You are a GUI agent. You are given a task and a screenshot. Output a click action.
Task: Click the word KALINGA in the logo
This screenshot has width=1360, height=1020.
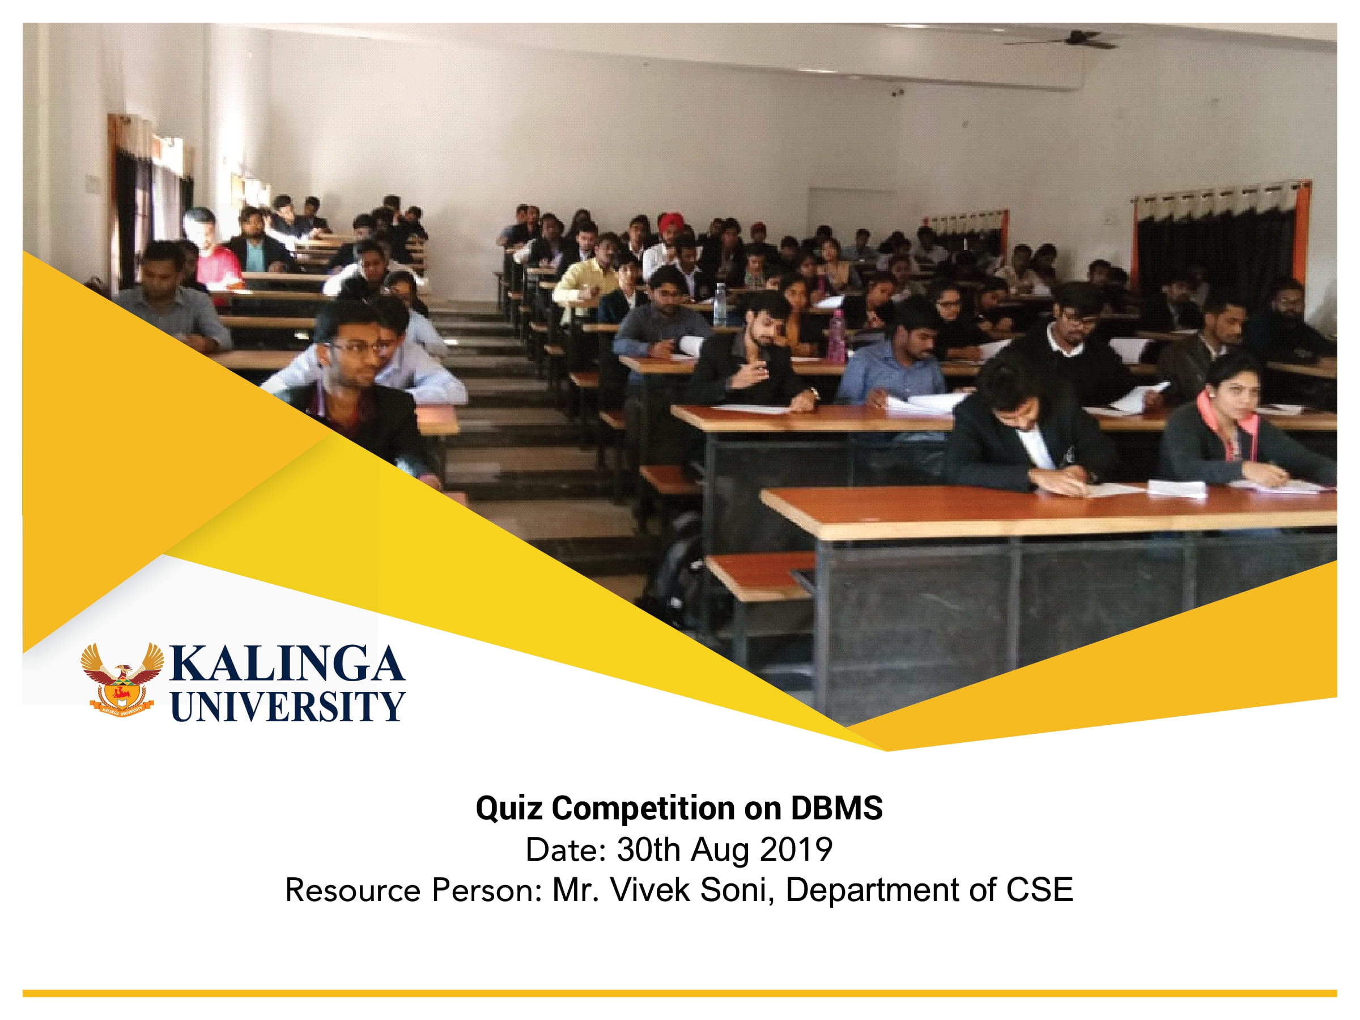pyautogui.click(x=287, y=664)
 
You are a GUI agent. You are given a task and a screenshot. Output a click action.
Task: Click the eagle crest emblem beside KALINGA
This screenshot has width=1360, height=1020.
pyautogui.click(x=122, y=679)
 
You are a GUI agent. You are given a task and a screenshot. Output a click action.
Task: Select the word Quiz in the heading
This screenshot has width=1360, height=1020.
pyautogui.click(x=508, y=808)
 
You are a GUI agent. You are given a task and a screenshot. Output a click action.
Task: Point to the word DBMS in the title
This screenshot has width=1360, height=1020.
pyautogui.click(x=836, y=808)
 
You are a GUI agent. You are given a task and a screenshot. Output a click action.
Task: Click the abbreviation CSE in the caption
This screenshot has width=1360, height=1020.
pyautogui.click(x=1039, y=890)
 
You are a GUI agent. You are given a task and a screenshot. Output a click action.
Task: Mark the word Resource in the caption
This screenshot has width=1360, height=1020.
pyautogui.click(x=353, y=890)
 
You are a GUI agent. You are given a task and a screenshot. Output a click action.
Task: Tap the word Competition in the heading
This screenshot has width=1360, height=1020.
pyautogui.click(x=643, y=808)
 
